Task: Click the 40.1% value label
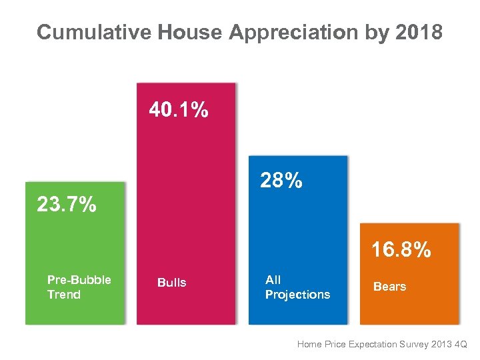[178, 110]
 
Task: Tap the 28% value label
[281, 180]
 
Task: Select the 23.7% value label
[66, 205]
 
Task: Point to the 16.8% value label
[401, 250]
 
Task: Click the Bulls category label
[171, 283]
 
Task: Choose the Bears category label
[389, 287]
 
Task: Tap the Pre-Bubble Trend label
[79, 287]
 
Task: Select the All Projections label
[297, 287]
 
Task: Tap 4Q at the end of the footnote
[461, 345]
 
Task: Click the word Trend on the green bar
[64, 295]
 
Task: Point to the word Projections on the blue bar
[297, 295]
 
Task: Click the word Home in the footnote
[309, 345]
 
